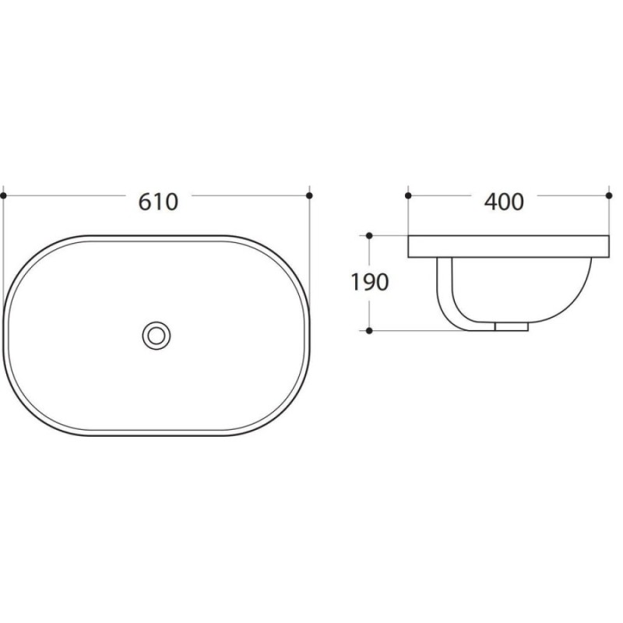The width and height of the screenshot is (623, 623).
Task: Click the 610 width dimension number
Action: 158,202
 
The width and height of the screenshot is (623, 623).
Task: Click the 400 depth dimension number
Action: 504,202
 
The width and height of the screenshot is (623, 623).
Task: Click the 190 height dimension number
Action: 369,283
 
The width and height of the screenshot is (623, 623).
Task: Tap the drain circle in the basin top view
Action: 157,336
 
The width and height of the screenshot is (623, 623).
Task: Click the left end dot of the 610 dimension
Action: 4,195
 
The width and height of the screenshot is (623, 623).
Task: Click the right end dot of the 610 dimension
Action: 309,195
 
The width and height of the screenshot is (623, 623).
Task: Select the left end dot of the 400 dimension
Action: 408,195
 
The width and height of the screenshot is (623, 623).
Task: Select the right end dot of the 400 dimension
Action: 609,195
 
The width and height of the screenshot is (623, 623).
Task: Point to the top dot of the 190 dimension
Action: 369,236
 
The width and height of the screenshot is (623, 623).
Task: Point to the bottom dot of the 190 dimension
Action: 369,330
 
